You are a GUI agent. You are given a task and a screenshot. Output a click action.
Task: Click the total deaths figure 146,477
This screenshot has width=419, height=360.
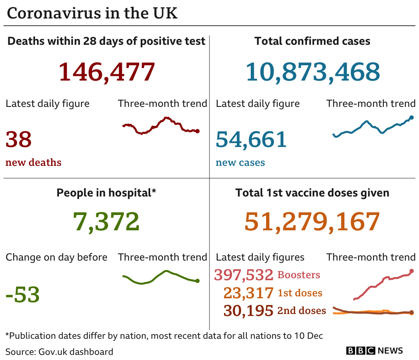point(107,72)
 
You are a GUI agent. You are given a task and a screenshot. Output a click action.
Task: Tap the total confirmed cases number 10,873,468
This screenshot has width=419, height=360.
point(313,72)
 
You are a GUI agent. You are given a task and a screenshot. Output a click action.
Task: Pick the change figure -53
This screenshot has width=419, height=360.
point(23,294)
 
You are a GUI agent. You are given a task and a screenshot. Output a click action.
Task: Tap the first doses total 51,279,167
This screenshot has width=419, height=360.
point(312,222)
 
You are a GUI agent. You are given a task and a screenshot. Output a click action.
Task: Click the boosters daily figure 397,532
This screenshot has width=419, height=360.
point(244,275)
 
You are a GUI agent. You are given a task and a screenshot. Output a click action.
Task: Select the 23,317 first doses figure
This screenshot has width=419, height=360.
point(248,293)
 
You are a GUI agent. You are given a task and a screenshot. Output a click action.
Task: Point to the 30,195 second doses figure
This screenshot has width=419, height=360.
point(248,310)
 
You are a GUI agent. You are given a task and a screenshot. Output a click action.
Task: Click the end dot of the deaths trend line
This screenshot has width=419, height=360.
point(197,131)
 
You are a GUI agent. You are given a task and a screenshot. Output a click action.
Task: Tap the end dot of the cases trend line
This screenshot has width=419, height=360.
point(412,117)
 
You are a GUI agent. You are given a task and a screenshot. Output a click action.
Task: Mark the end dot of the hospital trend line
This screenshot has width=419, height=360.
point(197,281)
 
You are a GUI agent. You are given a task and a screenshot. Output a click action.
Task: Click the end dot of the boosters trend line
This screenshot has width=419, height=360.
point(412,271)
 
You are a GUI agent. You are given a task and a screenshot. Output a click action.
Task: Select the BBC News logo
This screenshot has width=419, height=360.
point(374,351)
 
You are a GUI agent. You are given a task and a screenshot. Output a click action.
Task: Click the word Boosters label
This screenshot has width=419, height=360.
point(299,275)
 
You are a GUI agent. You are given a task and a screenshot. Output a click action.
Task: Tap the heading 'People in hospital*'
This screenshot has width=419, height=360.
point(107,193)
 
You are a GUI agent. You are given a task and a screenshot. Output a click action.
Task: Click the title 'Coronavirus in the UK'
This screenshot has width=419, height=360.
point(92,13)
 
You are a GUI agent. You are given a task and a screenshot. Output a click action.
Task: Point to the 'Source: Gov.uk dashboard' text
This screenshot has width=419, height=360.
point(59,351)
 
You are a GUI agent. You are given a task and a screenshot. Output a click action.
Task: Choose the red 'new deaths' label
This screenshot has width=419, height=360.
point(33,162)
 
